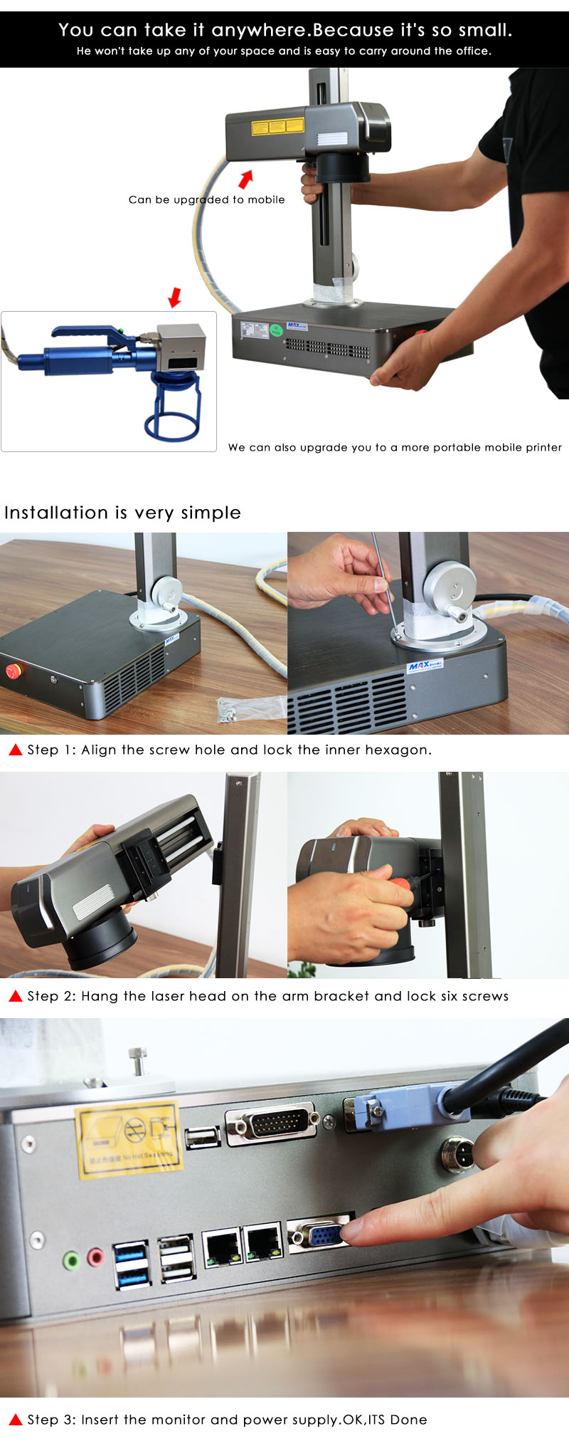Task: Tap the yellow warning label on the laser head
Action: (x=277, y=127)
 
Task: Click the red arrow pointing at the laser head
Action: (x=245, y=179)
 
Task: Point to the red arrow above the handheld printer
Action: (x=174, y=297)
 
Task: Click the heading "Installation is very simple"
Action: (x=122, y=513)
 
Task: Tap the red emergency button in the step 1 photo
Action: (x=13, y=671)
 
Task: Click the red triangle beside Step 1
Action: (x=15, y=750)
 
